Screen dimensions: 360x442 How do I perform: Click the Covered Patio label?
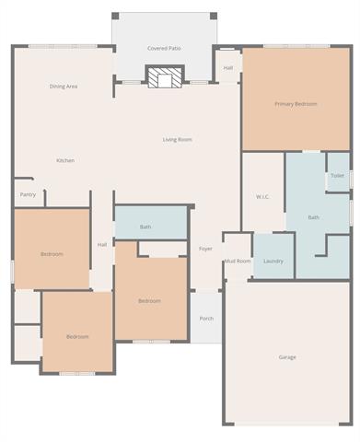coord(164,49)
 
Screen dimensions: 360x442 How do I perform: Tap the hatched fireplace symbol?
coord(165,76)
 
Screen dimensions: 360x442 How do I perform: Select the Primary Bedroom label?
coord(296,104)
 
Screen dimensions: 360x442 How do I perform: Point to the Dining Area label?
coord(64,87)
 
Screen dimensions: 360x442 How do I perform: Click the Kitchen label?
coord(65,160)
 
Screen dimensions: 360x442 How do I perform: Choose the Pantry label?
coord(28,194)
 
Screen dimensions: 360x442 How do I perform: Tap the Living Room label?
coord(177,140)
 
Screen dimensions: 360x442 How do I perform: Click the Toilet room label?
coord(337,176)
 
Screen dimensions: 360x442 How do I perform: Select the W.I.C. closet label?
coord(262,196)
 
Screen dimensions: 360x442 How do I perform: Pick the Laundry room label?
coord(273,262)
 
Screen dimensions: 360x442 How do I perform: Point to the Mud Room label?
coord(238,262)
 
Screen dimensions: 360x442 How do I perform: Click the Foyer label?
coord(205,249)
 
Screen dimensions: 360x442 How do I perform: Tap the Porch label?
coord(206,319)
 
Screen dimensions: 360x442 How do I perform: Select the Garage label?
coord(287,357)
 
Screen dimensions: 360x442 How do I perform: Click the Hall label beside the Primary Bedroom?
coord(228,68)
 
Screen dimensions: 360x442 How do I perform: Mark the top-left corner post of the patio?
coord(115,16)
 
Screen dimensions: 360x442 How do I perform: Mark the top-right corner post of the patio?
coord(214,16)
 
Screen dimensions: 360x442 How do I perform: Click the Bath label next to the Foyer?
coord(145,227)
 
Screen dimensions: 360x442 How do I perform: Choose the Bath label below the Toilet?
coord(314,217)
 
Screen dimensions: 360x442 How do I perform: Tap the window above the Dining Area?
coord(64,46)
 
